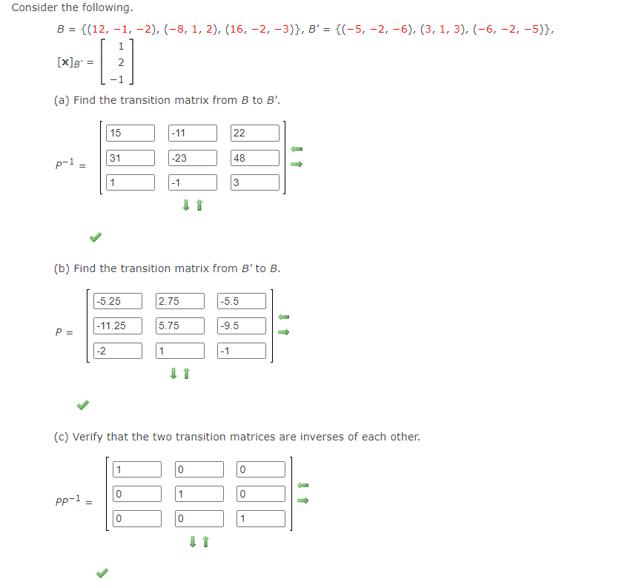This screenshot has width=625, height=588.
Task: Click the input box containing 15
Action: (130, 133)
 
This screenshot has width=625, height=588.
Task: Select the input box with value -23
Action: (193, 158)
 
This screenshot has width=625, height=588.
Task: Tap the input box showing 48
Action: (255, 158)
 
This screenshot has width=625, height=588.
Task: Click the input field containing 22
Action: (255, 133)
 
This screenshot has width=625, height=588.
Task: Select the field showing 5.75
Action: (179, 326)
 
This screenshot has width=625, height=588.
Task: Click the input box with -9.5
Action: (242, 326)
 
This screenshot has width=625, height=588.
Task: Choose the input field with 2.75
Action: (179, 301)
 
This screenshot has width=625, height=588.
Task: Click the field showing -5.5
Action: (242, 301)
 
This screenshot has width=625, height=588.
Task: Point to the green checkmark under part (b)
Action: (83, 405)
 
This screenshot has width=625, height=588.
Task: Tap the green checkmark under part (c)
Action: (102, 572)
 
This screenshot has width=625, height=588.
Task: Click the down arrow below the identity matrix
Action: (192, 542)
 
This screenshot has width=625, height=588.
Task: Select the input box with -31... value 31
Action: (130, 158)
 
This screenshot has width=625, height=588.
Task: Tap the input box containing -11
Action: (193, 133)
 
